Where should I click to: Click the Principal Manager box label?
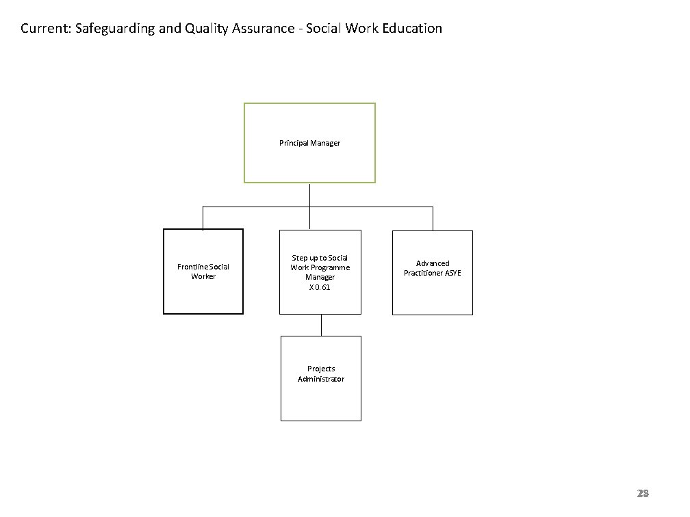[309, 143]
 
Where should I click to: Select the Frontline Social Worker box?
[203, 271]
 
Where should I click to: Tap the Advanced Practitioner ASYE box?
[433, 273]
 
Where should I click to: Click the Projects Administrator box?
[321, 379]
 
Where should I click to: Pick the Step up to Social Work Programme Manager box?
[320, 273]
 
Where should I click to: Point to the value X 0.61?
[320, 287]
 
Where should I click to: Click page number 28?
[642, 493]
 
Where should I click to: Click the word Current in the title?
[42, 29]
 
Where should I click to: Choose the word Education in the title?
[409, 29]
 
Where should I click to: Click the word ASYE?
[452, 273]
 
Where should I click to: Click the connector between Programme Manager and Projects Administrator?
[321, 325]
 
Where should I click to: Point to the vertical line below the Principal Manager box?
[310, 194]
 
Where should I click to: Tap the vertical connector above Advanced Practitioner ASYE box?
[433, 218]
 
